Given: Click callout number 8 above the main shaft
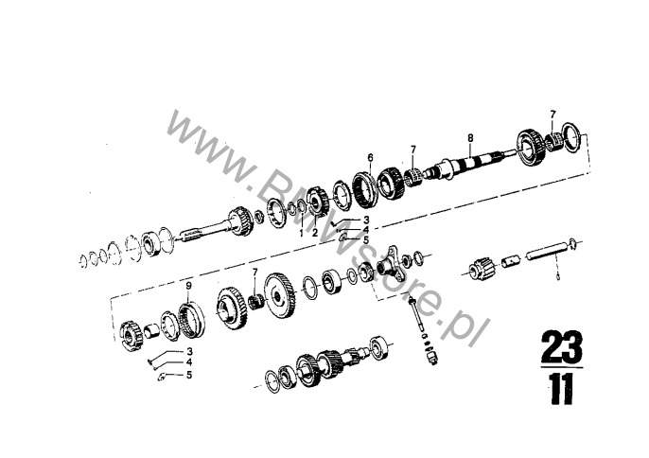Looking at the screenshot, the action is click(x=470, y=137).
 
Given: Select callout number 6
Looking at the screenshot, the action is click(x=370, y=157).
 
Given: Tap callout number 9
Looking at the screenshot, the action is click(x=189, y=286).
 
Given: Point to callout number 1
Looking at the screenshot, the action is click(x=301, y=233).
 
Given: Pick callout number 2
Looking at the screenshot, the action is click(x=315, y=233).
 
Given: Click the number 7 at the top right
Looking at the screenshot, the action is click(x=553, y=114).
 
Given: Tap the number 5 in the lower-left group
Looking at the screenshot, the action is click(x=189, y=375).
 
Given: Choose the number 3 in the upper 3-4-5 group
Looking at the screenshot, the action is click(x=366, y=220).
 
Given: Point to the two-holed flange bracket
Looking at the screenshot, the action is click(x=390, y=265).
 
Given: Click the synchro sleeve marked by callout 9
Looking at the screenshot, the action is click(x=191, y=319).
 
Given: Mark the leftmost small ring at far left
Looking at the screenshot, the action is click(x=83, y=260).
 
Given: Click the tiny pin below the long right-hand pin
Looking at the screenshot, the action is click(x=557, y=277).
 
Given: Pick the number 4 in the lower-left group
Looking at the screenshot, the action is click(x=189, y=362).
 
